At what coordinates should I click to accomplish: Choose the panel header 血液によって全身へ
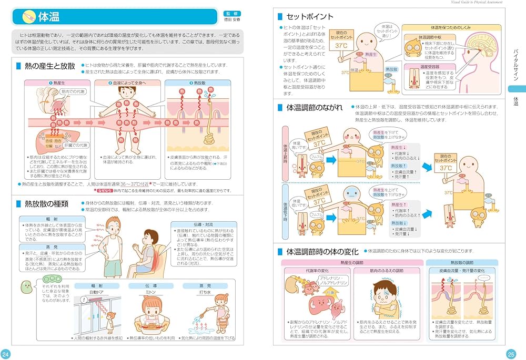coord(128,83)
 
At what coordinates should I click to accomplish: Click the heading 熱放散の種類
coord(47,203)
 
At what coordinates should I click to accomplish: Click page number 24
coord(6,353)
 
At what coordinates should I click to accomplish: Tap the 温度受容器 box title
coord(430,67)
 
